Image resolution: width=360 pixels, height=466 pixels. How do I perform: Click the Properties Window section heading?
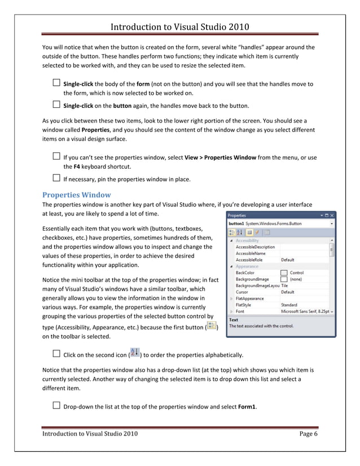pos(77,195)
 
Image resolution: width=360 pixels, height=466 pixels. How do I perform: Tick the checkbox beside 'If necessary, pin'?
pos(56,179)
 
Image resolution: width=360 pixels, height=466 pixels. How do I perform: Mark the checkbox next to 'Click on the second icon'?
pos(56,354)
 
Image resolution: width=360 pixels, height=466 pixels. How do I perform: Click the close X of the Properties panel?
pos(332,216)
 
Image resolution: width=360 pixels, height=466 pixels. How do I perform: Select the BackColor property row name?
pos(245,272)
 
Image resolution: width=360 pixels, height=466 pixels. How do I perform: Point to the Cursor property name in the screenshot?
pos(242,292)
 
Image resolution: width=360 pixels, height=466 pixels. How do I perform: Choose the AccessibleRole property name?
pos(251,260)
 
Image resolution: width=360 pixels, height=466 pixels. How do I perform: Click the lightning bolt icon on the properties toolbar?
pos(257,232)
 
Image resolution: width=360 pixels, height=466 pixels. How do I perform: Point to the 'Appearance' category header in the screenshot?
pos(247,266)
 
